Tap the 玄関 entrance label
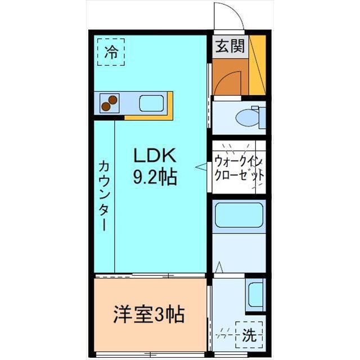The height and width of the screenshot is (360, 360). tap(230, 47)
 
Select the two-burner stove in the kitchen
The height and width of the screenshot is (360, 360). tap(110, 102)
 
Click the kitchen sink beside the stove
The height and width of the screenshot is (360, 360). tap(151, 103)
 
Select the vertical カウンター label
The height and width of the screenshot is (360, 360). tap(103, 195)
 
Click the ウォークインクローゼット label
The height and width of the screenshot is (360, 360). tap(238, 167)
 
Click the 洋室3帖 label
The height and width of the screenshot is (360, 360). tap(149, 313)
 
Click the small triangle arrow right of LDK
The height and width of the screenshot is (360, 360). tap(199, 166)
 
